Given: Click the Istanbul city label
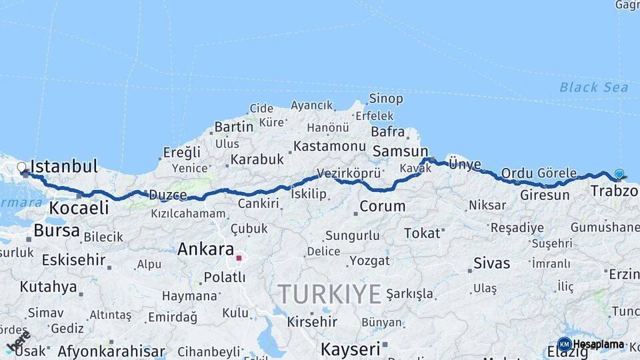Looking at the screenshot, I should tap(65, 166).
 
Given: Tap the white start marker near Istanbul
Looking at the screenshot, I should tap(21, 167).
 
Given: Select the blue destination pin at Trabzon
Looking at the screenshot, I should tap(619, 174).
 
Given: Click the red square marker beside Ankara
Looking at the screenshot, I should tap(239, 257).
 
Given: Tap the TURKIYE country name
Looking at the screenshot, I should tap(329, 293).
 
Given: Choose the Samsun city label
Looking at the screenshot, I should tap(400, 151).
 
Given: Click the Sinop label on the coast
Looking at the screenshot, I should tap(386, 99).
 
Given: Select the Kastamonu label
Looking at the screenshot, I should tap(329, 146).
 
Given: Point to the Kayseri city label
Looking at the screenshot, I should tap(350, 348).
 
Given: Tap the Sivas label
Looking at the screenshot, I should tap(491, 263).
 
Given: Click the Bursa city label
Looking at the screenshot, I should tap(57, 231).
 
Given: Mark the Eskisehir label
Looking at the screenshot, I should tap(73, 259).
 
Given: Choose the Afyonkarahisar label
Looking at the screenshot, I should tap(111, 351).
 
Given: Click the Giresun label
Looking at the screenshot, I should tap(545, 195).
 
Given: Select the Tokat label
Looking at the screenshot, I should tap(423, 233).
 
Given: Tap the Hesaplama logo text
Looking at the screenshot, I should tap(598, 345).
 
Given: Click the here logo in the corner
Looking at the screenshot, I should tap(18, 341).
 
